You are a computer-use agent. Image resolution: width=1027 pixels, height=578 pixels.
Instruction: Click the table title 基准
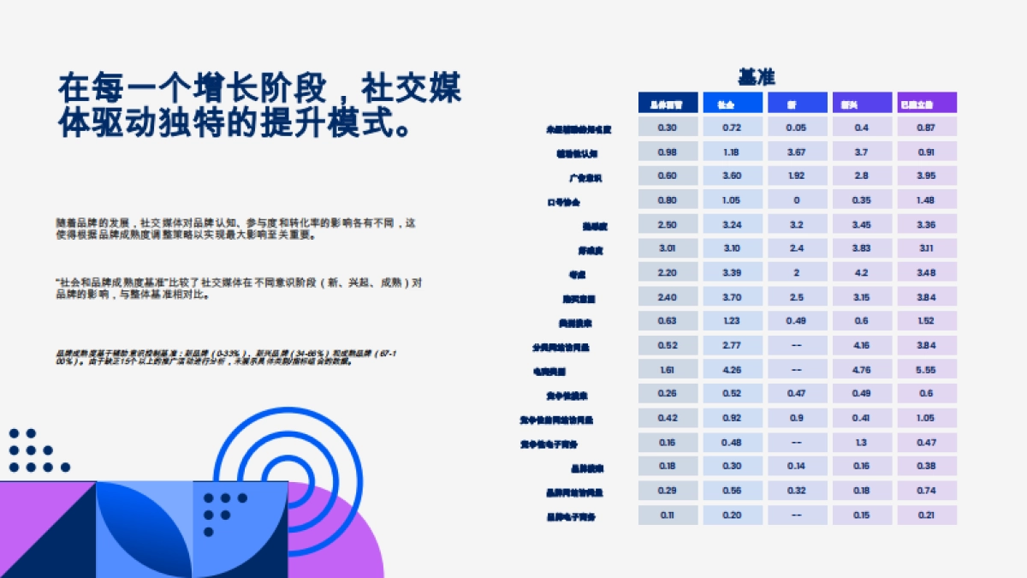pyautogui.click(x=756, y=77)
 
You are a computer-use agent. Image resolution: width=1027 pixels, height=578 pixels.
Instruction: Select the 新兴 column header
pyautogui.click(x=862, y=104)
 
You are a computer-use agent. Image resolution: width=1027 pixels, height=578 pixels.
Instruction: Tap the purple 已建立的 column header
pyautogui.click(x=926, y=104)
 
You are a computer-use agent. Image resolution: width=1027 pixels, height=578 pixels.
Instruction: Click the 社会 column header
pyautogui.click(x=732, y=104)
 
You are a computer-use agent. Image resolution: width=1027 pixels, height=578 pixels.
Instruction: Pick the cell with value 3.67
pyautogui.click(x=797, y=152)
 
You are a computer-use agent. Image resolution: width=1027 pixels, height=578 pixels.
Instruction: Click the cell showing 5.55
pyautogui.click(x=926, y=371)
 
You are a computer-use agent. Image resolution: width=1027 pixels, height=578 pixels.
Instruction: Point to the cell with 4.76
pyautogui.click(x=862, y=371)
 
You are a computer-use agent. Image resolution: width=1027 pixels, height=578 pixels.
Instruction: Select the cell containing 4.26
pyautogui.click(x=732, y=371)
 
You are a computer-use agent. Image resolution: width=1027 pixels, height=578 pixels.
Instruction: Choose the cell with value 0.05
pyautogui.click(x=797, y=128)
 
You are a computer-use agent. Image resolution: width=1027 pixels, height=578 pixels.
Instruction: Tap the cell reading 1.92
pyautogui.click(x=797, y=176)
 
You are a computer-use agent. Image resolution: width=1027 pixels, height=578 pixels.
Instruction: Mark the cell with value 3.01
pyautogui.click(x=668, y=249)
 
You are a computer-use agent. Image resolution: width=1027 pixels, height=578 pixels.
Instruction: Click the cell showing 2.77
pyautogui.click(x=732, y=346)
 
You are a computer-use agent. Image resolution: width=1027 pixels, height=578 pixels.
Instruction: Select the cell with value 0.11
pyautogui.click(x=668, y=515)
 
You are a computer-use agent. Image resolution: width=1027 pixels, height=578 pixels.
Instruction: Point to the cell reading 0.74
pyautogui.click(x=926, y=492)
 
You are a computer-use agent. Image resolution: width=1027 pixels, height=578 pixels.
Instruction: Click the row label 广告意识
pyautogui.click(x=586, y=178)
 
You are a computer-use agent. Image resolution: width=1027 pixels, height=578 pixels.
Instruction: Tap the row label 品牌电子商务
pyautogui.click(x=572, y=517)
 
